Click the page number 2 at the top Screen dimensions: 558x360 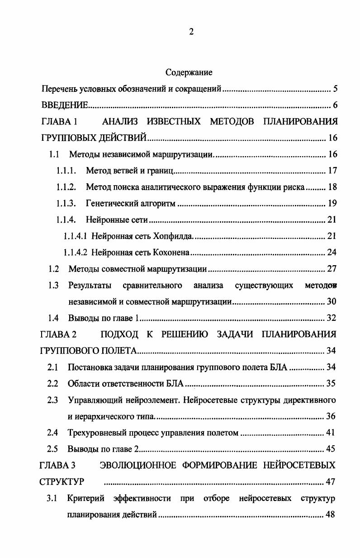191,32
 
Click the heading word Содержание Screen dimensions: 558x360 189,72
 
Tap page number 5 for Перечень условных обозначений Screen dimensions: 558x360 335,89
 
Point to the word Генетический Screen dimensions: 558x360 108,204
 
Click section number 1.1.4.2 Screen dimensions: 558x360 76,253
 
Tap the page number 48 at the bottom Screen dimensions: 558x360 330,515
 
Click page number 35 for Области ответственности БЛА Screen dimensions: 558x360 331,384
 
